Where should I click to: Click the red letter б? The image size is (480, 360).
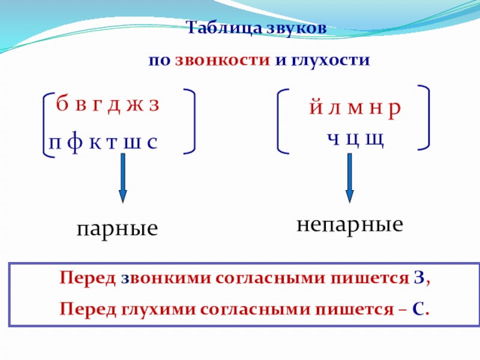[x=62, y=105]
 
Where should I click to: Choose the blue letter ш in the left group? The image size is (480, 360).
[x=130, y=143]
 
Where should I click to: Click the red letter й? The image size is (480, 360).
[x=314, y=109]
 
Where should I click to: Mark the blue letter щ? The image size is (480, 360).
[x=374, y=139]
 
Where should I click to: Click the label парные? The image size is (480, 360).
[x=118, y=229]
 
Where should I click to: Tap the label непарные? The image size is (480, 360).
[x=350, y=225]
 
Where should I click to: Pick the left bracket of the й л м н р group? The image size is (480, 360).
[x=284, y=120]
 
